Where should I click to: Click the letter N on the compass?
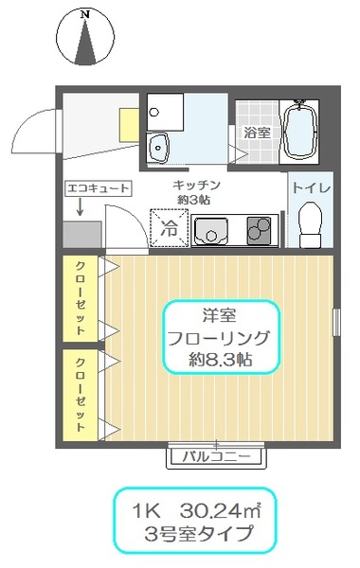pyautogui.click(x=85, y=15)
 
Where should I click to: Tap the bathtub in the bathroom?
pyautogui.click(x=299, y=132)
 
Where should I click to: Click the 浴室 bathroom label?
pyautogui.click(x=257, y=133)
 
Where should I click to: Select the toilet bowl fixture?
pyautogui.click(x=311, y=224)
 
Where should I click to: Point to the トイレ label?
pyautogui.click(x=311, y=188)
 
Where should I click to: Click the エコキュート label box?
pyautogui.click(x=98, y=188)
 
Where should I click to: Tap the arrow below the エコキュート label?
pyautogui.click(x=80, y=207)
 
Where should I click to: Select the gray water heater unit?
pyautogui.click(x=82, y=235)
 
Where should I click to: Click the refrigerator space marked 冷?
pyautogui.click(x=170, y=228)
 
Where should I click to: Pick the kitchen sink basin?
pyautogui.click(x=210, y=232)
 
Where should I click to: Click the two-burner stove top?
pyautogui.click(x=259, y=230)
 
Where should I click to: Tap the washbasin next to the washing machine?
pyautogui.click(x=158, y=148)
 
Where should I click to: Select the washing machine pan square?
pyautogui.click(x=165, y=112)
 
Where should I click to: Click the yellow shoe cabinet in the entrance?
pyautogui.click(x=130, y=125)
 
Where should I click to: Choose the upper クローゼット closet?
pyautogui.click(x=81, y=298)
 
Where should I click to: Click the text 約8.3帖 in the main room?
pyautogui.click(x=221, y=360)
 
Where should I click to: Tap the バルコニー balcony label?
pyautogui.click(x=216, y=456)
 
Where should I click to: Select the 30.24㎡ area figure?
pyautogui.click(x=220, y=511)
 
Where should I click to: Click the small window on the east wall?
pyautogui.click(x=337, y=322)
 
